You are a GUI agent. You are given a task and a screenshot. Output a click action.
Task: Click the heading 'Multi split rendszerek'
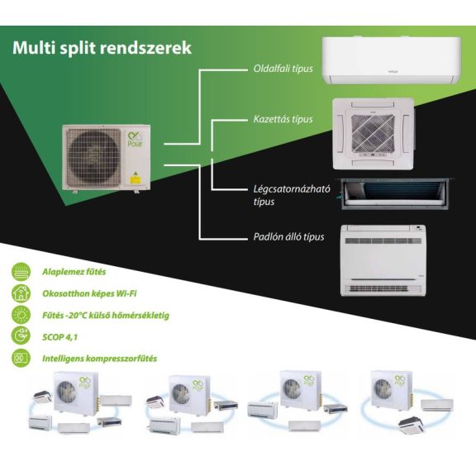(102, 48)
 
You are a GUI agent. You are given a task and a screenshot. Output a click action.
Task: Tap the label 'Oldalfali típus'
(283, 69)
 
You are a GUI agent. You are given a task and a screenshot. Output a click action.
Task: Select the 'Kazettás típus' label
(283, 119)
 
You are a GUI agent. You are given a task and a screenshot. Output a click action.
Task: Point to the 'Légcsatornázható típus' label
(292, 195)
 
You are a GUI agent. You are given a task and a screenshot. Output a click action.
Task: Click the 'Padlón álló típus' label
(288, 237)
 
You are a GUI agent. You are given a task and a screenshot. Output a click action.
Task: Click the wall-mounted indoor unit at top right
(392, 60)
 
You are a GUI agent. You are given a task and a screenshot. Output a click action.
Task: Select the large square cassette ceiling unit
(373, 134)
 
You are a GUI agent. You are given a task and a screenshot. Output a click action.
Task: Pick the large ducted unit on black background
(396, 193)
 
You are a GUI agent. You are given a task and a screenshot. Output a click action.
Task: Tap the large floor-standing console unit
(383, 260)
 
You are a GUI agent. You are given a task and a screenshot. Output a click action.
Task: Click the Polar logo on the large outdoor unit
(135, 140)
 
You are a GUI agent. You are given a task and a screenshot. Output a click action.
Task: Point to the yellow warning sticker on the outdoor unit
(135, 178)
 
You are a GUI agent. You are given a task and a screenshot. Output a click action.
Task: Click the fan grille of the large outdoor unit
(93, 157)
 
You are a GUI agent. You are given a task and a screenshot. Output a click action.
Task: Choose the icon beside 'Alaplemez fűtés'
(21, 272)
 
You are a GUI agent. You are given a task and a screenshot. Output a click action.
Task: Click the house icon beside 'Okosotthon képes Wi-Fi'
(21, 293)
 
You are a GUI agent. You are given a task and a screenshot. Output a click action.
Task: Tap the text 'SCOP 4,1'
(59, 337)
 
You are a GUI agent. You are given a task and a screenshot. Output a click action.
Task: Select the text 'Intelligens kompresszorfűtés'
(99, 359)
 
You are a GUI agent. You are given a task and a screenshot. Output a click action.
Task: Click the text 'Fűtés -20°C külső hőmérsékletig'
(106, 316)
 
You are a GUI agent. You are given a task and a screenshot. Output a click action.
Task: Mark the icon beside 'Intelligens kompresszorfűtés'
(21, 358)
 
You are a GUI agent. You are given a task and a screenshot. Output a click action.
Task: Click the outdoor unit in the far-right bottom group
(391, 389)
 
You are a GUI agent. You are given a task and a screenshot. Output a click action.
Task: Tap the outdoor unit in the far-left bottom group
(76, 393)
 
